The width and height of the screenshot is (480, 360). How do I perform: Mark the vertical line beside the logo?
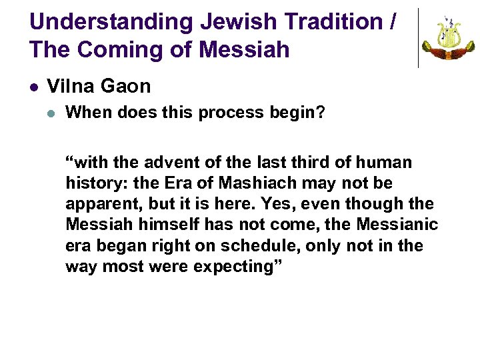tap(418, 38)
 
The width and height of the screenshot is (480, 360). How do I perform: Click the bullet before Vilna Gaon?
tap(34, 87)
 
